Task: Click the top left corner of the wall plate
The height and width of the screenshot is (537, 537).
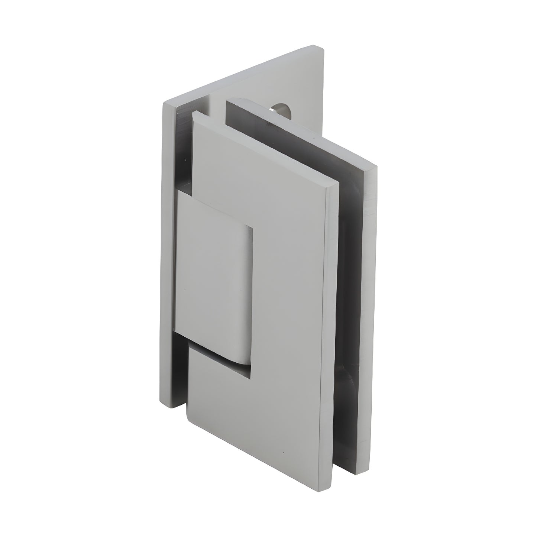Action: click(x=164, y=103)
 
